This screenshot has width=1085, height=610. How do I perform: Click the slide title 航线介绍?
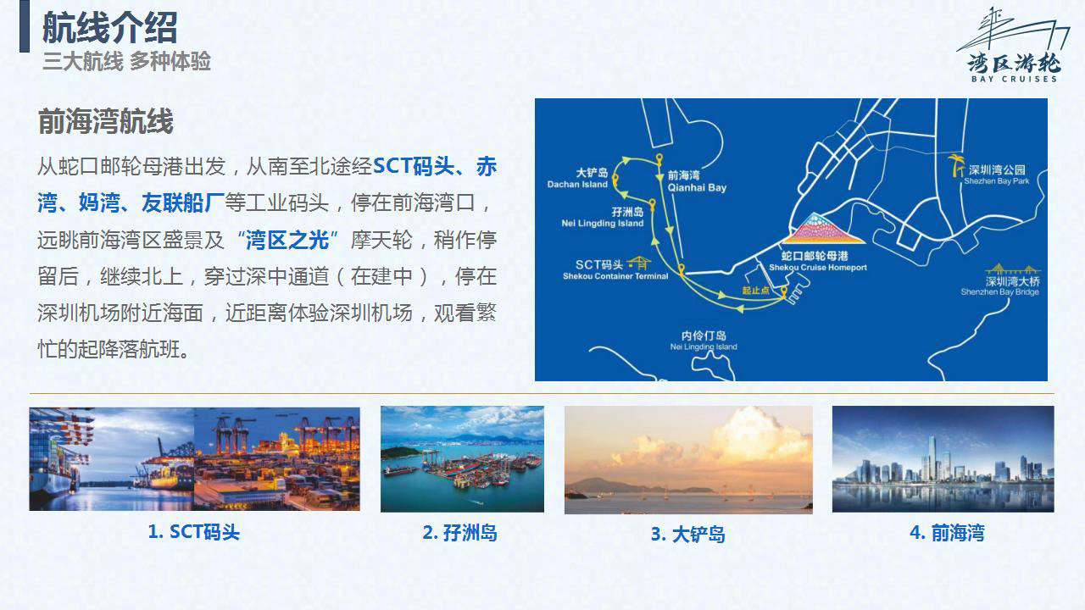110,28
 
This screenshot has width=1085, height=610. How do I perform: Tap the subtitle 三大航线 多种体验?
126,62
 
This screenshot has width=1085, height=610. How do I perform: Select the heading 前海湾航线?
105,121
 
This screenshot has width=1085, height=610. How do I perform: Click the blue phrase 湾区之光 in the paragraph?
287,240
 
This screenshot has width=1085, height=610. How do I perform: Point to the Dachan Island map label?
577,178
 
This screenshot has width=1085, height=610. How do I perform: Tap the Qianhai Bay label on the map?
697,181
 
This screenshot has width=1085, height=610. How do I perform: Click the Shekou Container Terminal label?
615,269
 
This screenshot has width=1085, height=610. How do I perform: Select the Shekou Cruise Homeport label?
818,261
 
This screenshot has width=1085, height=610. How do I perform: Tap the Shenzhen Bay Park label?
996,175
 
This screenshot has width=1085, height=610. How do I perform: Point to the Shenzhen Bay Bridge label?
1000,286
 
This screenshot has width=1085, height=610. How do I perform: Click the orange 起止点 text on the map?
755,291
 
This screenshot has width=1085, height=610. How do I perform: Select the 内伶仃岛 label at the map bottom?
704,341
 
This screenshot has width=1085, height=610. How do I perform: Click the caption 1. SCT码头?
194,532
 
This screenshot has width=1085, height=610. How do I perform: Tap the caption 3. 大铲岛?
687,535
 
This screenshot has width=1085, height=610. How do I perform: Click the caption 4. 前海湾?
947,533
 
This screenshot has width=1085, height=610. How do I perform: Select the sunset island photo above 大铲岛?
689,460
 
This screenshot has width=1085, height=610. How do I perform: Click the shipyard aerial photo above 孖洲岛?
462,459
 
